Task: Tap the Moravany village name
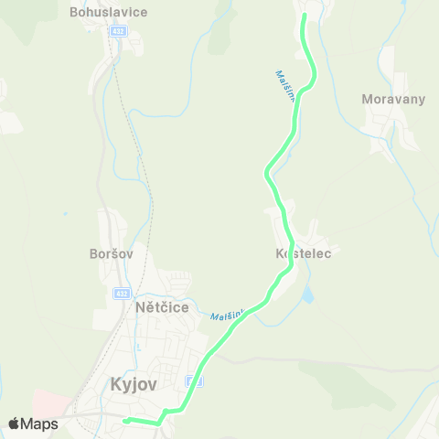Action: (x=393, y=99)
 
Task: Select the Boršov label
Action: (x=112, y=253)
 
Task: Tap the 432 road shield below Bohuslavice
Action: (x=117, y=30)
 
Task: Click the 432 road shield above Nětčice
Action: (x=122, y=293)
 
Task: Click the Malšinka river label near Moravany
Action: (x=284, y=86)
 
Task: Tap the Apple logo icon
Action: (x=15, y=423)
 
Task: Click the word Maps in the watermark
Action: (x=40, y=423)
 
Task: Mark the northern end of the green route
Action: (x=304, y=15)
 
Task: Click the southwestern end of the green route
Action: (x=124, y=420)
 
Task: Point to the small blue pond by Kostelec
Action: (x=307, y=294)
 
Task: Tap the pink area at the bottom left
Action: (x=46, y=402)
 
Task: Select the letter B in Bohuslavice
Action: (x=74, y=13)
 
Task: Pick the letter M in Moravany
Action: (x=367, y=99)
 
